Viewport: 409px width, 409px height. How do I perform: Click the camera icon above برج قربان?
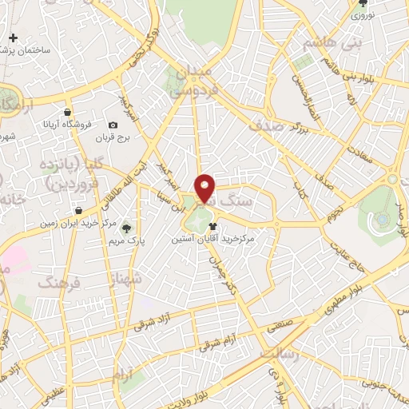(113, 125)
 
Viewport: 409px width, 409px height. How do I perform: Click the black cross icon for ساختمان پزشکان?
(13, 38)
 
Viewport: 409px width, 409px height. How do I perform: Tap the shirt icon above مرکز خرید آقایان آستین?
(212, 226)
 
